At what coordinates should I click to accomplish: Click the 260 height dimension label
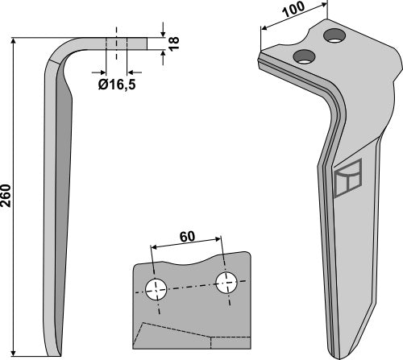(6, 196)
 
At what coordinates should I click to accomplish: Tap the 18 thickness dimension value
(174, 43)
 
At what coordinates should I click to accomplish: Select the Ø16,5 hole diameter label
(117, 85)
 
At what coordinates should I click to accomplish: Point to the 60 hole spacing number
(187, 237)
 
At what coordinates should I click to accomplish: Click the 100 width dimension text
(293, 9)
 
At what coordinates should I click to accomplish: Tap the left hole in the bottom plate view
(156, 290)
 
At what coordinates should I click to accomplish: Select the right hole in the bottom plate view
(226, 283)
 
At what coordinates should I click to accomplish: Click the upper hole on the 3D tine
(335, 35)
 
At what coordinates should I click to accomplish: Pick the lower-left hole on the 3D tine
(304, 56)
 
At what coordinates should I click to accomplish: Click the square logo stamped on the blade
(348, 178)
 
